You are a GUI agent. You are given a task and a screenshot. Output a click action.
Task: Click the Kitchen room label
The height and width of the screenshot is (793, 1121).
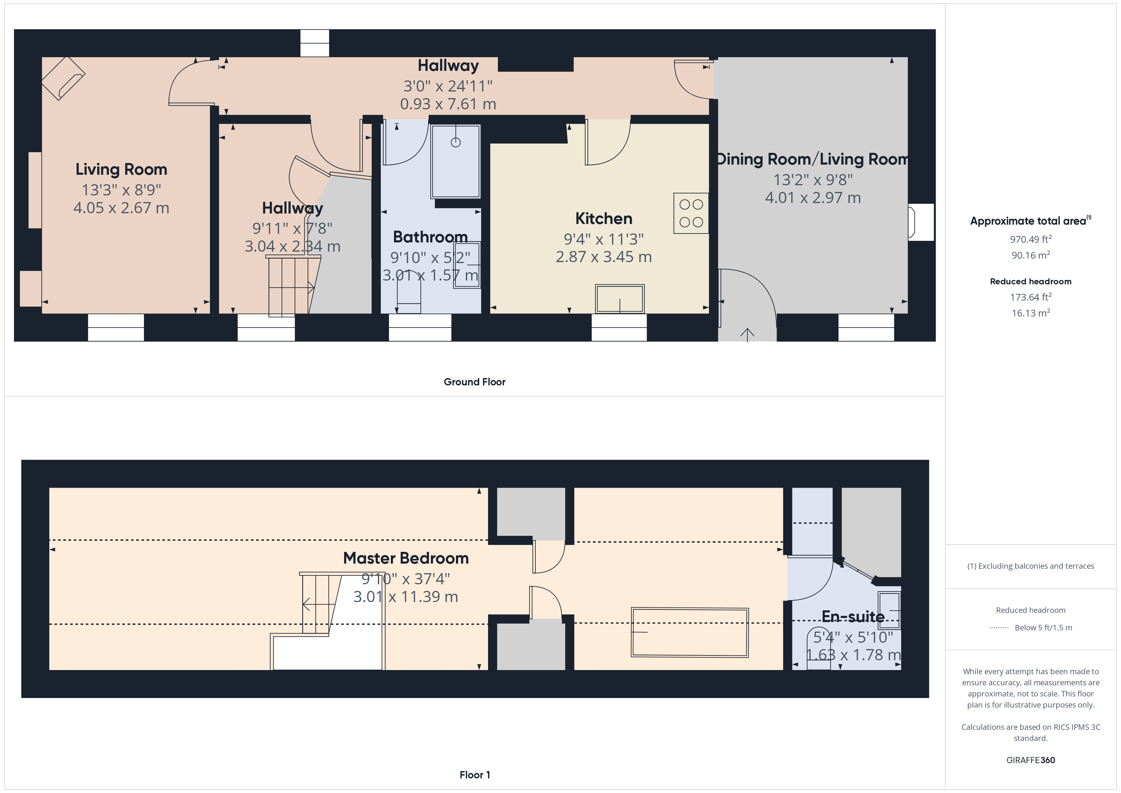(603, 218)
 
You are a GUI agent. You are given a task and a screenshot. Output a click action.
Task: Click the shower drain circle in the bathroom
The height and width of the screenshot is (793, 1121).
(456, 143)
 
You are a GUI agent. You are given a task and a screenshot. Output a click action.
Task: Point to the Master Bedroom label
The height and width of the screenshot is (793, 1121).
(406, 558)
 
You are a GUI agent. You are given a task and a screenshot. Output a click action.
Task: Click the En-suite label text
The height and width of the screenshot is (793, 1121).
(853, 616)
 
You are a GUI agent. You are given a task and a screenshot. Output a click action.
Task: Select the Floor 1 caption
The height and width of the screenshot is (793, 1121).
(475, 775)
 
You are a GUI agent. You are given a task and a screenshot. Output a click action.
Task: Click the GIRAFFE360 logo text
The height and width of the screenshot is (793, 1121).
(1031, 760)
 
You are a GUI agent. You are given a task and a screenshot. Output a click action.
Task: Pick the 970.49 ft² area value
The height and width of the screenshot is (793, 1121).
(1031, 239)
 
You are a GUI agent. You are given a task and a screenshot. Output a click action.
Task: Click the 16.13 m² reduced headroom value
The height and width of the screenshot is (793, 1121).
(1031, 313)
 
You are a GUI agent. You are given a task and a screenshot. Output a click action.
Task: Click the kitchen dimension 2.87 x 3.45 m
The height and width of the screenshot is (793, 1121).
(603, 257)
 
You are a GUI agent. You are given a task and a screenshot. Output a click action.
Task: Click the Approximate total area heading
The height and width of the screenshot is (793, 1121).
(1031, 221)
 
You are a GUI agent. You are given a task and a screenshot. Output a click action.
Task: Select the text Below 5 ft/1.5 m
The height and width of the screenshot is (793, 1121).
(1043, 627)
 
